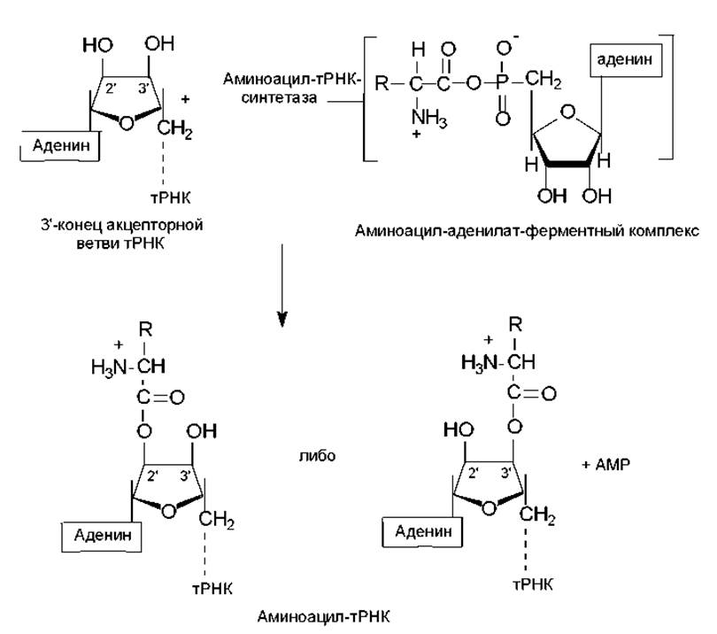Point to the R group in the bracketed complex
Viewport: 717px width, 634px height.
click(381, 84)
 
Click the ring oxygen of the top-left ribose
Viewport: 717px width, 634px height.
click(127, 121)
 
